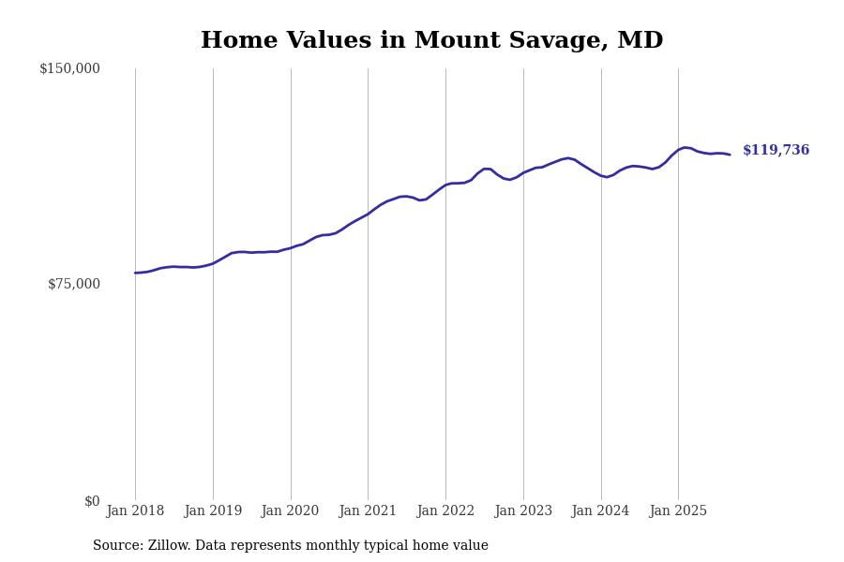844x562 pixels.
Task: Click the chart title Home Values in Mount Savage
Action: point(431,41)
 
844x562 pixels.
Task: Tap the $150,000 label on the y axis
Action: point(69,68)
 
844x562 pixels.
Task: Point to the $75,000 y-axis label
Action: point(73,284)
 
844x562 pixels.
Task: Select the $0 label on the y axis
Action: point(92,501)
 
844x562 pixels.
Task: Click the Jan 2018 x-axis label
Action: point(135,511)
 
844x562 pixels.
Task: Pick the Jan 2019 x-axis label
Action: point(213,511)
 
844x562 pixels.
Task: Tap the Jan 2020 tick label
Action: point(290,511)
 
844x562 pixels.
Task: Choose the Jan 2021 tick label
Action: point(368,511)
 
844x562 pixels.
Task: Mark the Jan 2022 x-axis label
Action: point(445,511)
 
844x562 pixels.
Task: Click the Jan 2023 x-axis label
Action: point(523,511)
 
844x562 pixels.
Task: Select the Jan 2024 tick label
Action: point(600,511)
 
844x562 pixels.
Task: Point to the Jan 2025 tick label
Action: point(678,511)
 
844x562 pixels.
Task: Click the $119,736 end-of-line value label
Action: point(776,151)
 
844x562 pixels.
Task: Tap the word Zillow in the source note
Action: point(168,546)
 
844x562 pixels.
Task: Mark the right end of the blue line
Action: point(730,155)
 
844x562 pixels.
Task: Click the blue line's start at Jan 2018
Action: point(135,273)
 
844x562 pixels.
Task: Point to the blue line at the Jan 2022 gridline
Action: point(445,185)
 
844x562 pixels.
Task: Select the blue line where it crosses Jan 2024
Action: point(601,175)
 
